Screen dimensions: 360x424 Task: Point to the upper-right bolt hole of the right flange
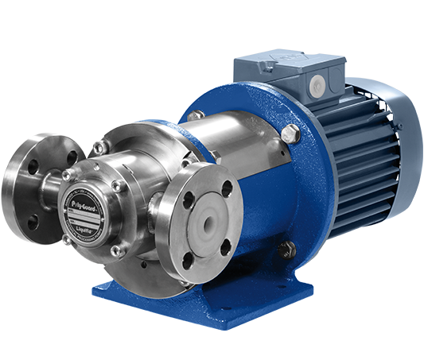[227, 189]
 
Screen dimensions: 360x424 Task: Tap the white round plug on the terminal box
[317, 83]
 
